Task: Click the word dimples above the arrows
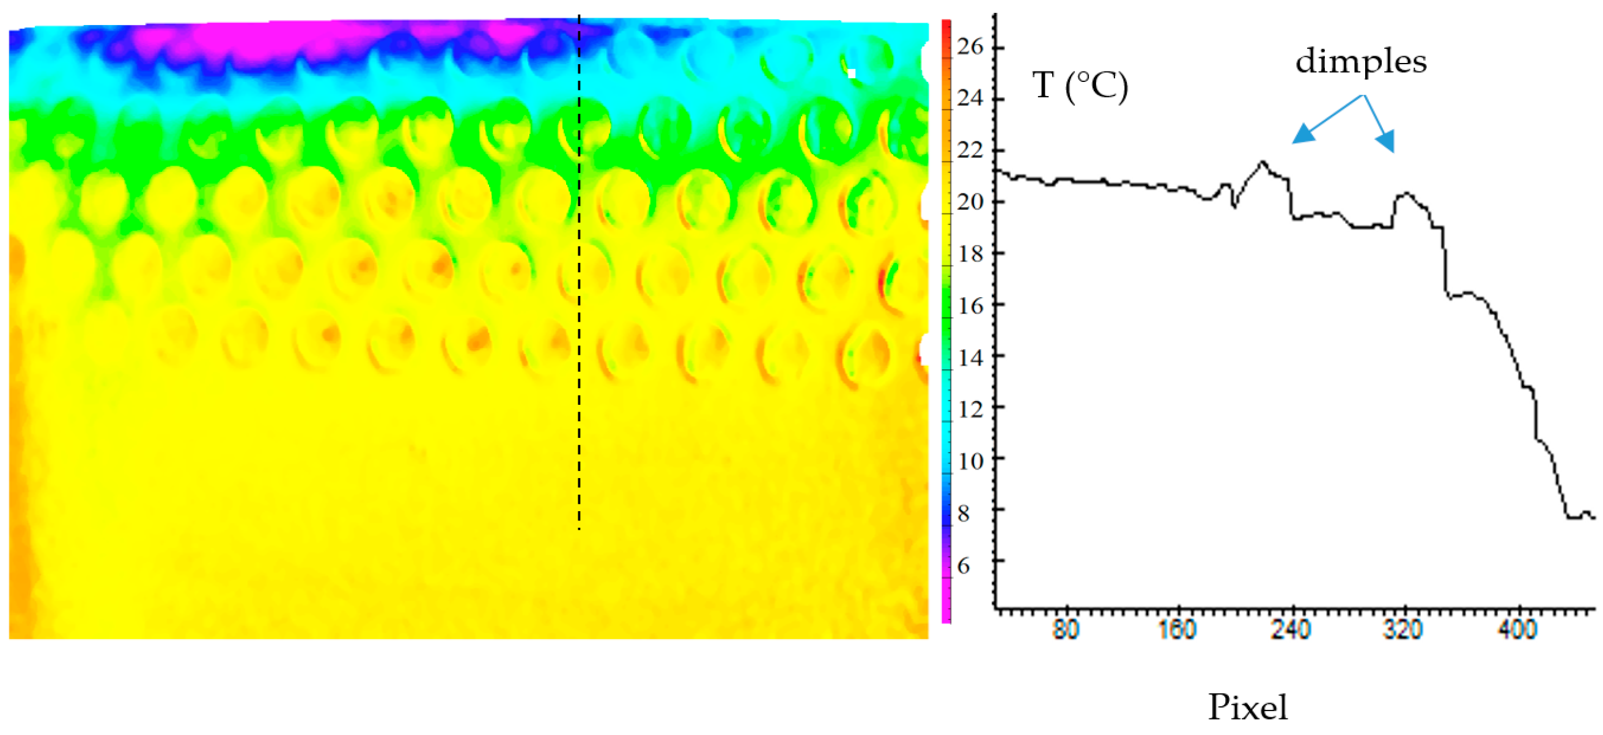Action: [x=1361, y=62]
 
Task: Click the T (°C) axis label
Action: [x=1080, y=86]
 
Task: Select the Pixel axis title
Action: [x=1248, y=707]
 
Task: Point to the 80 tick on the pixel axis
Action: [x=1066, y=630]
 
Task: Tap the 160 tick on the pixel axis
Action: [x=1178, y=630]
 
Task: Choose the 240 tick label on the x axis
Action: [x=1292, y=630]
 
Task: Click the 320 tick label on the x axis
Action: [x=1404, y=630]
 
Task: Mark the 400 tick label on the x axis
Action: [x=1519, y=630]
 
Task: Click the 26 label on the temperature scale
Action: [x=970, y=46]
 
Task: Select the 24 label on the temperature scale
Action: [x=970, y=98]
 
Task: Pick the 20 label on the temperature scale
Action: [x=970, y=202]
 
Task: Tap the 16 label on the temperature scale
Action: [x=970, y=306]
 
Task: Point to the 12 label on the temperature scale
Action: [x=970, y=410]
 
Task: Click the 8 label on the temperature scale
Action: [x=964, y=514]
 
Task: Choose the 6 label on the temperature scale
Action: [x=964, y=566]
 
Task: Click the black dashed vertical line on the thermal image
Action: [x=580, y=311]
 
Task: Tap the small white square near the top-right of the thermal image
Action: [x=851, y=73]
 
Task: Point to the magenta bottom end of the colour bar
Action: [x=946, y=610]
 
